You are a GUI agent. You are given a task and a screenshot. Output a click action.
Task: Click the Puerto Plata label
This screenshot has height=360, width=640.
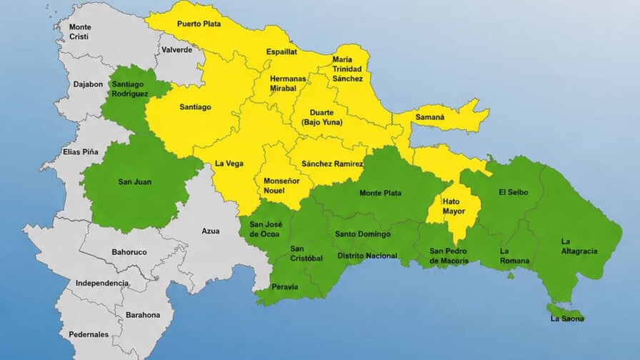[x=199, y=24]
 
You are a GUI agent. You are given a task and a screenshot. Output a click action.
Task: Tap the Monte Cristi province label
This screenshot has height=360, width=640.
[x=80, y=32]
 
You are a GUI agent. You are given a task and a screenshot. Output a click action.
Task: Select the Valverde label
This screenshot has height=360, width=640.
[x=176, y=50]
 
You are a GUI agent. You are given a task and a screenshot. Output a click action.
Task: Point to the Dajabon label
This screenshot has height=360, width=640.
[x=88, y=84]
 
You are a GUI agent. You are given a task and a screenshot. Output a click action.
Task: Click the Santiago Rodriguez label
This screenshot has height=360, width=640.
[x=130, y=88]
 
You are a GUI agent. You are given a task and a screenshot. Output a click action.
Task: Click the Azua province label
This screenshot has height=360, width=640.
[x=211, y=231]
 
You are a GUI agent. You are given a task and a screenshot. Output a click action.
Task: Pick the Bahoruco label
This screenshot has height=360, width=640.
[x=129, y=252]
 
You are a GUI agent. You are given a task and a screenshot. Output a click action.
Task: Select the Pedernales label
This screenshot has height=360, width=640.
[x=89, y=334]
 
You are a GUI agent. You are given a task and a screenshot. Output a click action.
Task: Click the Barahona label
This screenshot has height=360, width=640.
[x=142, y=314]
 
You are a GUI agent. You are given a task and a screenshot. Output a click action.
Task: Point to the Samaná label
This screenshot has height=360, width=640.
[x=429, y=116]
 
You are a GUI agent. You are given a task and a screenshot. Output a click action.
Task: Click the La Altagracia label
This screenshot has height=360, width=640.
[x=577, y=246]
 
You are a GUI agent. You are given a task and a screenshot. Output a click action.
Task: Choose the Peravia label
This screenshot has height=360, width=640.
[x=285, y=287]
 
